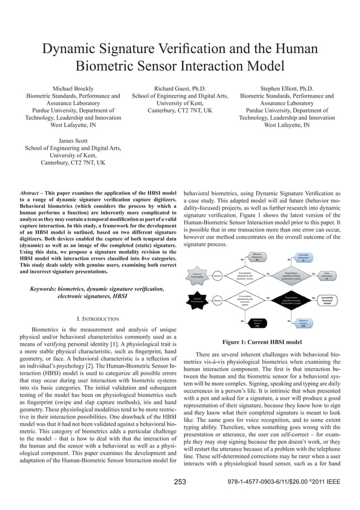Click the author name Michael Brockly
point(73,88)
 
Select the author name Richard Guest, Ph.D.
point(179,88)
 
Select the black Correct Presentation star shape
point(197,300)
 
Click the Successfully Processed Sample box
point(326,300)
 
